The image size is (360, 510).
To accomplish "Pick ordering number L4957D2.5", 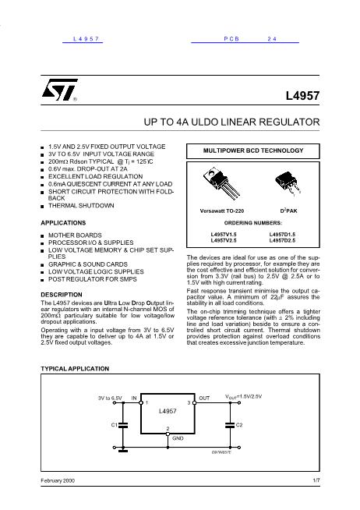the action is coord(282,240).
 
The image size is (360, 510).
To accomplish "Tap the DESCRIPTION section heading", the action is coord(61,294).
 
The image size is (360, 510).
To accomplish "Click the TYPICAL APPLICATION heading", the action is coord(75,368).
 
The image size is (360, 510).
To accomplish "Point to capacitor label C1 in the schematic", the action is coord(113,424).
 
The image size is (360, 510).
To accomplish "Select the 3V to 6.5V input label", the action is coord(110,398).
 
